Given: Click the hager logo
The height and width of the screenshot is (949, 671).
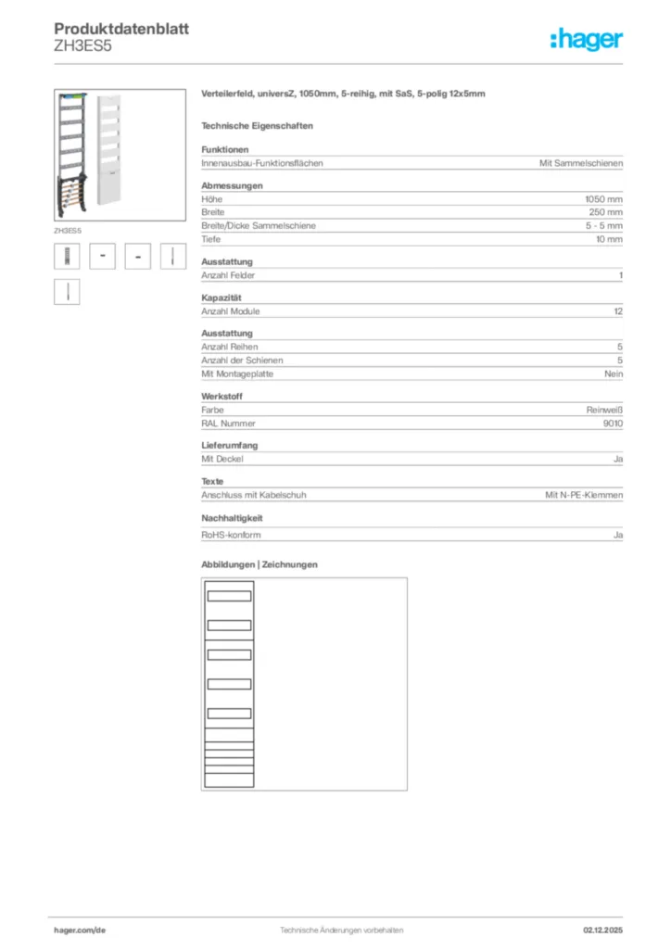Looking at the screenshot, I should [587, 39].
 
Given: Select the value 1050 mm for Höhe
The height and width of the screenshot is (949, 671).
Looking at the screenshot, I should [603, 199].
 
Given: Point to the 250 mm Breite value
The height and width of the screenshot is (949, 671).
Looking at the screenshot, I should [606, 212].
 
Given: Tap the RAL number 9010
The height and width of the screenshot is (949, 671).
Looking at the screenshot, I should [612, 423].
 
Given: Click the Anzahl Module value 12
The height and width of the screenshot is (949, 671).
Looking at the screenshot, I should [618, 311].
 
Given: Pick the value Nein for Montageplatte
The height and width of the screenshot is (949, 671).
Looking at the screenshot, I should [614, 373].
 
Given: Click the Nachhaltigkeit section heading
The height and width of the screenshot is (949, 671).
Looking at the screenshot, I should [233, 518].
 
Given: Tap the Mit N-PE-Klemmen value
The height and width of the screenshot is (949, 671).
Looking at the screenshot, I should [584, 495].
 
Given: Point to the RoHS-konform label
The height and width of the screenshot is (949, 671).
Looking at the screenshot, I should [231, 536].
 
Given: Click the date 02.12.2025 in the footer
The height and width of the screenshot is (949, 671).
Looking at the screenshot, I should [602, 929].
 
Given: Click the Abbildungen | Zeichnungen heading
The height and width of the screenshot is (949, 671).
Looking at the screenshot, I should [260, 564].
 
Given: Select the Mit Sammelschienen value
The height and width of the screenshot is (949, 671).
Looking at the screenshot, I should [581, 163].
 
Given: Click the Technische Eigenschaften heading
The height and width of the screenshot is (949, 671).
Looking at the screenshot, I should [257, 125].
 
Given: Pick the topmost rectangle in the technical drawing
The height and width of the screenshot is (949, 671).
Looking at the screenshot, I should [229, 596].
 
